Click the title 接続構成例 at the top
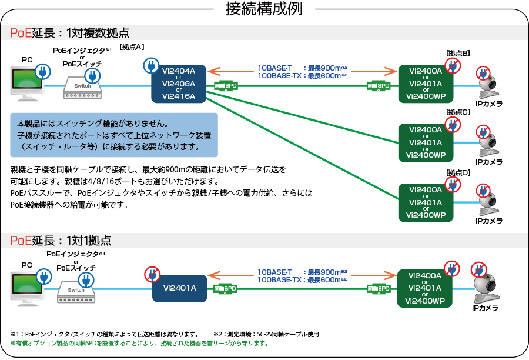point(264,9)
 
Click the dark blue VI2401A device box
point(179,288)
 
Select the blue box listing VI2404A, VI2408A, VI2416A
point(178,83)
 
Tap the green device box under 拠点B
point(426,83)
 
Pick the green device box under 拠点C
point(426,142)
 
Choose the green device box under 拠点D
point(426,202)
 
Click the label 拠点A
point(132,46)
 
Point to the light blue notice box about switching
point(115,135)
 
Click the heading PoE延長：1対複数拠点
point(69,33)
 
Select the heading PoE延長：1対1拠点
point(60,240)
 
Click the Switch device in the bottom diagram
point(76,290)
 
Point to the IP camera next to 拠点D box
point(488,203)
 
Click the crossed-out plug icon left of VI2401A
point(152,274)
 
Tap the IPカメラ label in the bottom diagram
point(486,308)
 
